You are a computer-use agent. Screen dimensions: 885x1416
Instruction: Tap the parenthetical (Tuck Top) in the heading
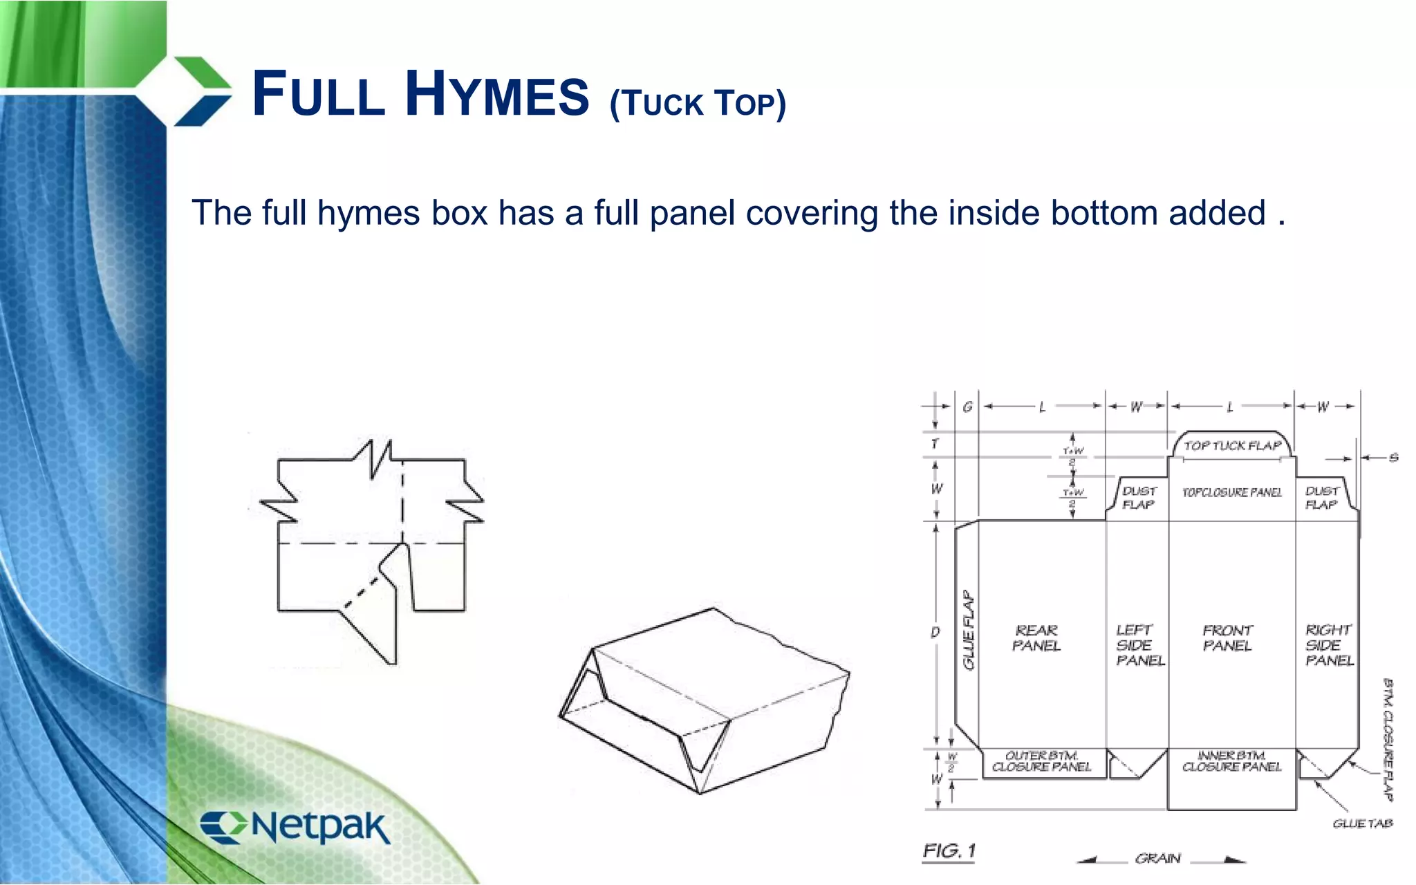pyautogui.click(x=698, y=103)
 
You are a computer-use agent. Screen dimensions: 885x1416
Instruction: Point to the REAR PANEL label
pyautogui.click(x=1036, y=638)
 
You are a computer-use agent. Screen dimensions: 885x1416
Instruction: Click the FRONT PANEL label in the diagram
pyautogui.click(x=1227, y=638)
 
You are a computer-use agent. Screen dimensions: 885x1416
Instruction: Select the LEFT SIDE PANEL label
pyautogui.click(x=1138, y=645)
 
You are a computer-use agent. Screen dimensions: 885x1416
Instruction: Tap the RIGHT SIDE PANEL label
pyautogui.click(x=1328, y=645)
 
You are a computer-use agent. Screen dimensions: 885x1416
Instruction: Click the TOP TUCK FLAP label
pyautogui.click(x=1232, y=446)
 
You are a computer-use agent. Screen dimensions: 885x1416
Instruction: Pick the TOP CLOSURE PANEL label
pyautogui.click(x=1231, y=492)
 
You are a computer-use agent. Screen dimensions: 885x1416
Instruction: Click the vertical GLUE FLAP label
pyautogui.click(x=969, y=630)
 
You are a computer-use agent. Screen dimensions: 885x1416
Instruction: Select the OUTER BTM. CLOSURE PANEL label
pyautogui.click(x=1041, y=761)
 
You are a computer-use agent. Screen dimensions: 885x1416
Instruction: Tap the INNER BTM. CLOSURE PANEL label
pyautogui.click(x=1231, y=761)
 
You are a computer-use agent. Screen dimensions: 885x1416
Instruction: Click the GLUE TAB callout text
pyautogui.click(x=1362, y=823)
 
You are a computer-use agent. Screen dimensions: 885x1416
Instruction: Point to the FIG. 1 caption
pyautogui.click(x=949, y=851)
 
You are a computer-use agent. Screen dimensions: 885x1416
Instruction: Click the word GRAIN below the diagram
pyautogui.click(x=1158, y=859)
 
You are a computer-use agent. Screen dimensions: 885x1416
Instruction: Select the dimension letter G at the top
pyautogui.click(x=967, y=407)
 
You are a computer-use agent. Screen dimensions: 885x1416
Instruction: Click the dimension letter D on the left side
pyautogui.click(x=935, y=632)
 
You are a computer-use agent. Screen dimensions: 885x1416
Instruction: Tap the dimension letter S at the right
pyautogui.click(x=1393, y=458)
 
